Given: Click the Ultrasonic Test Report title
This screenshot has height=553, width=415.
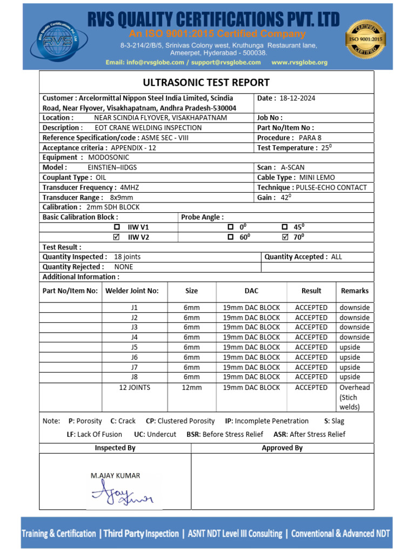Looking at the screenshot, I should pyautogui.click(x=206, y=83).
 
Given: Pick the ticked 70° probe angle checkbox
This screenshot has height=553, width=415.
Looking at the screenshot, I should pyautogui.click(x=285, y=237).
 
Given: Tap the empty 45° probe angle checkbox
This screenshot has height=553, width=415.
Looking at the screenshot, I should pyautogui.click(x=285, y=227).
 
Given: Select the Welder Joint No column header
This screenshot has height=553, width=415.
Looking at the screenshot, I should pyautogui.click(x=132, y=291).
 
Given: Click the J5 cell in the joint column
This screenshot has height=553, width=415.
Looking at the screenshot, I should pyautogui.click(x=135, y=347).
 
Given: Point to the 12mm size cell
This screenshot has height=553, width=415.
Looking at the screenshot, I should pyautogui.click(x=192, y=388).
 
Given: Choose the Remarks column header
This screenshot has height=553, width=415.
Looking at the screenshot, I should pyautogui.click(x=354, y=291).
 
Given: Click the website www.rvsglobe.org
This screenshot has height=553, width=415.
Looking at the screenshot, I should pyautogui.click(x=299, y=63).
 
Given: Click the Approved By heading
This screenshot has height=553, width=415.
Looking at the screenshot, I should pyautogui.click(x=282, y=448).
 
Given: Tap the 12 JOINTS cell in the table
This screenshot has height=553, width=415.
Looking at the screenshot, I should pyautogui.click(x=135, y=388).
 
